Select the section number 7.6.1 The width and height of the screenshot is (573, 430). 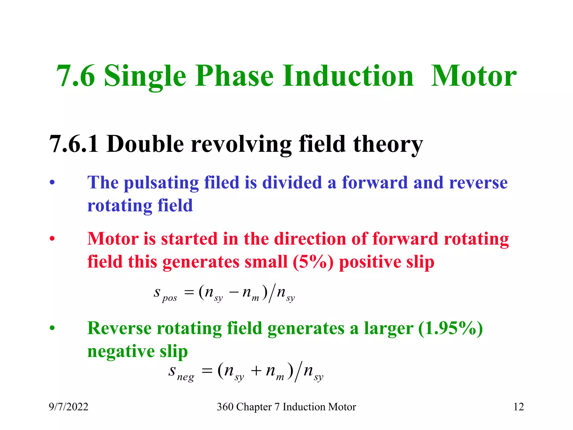[74, 144]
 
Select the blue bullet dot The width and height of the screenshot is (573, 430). [52, 183]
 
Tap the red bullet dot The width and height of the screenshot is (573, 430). [52, 239]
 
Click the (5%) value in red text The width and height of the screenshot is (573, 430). [313, 262]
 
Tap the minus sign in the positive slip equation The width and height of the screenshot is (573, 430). [234, 292]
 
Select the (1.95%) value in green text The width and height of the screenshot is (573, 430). [450, 328]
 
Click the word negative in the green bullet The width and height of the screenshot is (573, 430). [121, 351]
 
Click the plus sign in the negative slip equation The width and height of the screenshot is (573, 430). [256, 371]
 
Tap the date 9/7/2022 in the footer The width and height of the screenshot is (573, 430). [69, 407]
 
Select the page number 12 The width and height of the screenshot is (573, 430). [518, 407]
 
